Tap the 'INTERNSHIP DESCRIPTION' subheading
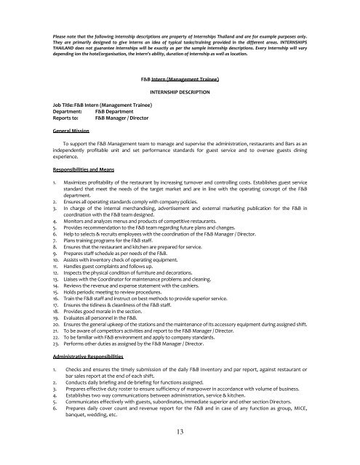pos(180,93)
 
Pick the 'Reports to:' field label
pos(68,119)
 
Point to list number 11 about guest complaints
pos(56,269)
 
